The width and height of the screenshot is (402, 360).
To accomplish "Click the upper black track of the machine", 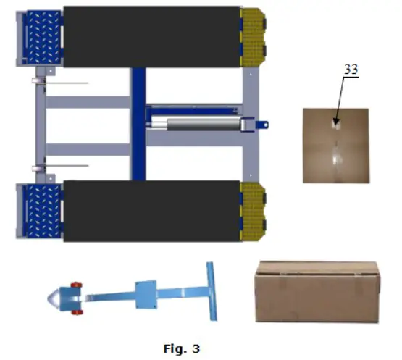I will click(x=152, y=36).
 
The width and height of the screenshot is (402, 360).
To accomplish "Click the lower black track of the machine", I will click(x=152, y=211).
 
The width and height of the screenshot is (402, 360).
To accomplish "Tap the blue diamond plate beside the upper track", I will click(x=44, y=35).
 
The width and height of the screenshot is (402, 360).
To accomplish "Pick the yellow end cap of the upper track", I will click(x=253, y=37).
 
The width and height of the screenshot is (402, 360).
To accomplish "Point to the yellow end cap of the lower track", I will click(x=253, y=210).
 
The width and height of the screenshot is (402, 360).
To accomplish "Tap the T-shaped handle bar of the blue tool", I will click(x=211, y=290).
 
